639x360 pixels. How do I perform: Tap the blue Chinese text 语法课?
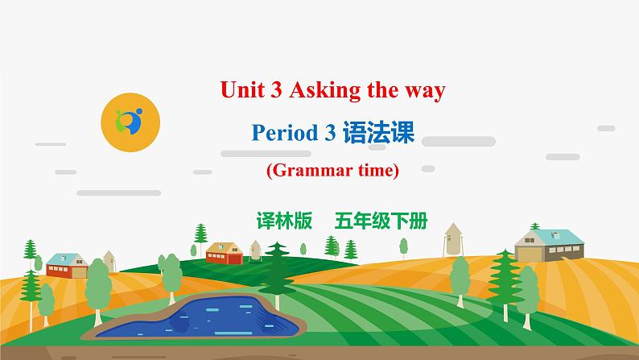point(377,133)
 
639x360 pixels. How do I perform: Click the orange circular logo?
point(130,122)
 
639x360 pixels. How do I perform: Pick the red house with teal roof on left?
point(66,266)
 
